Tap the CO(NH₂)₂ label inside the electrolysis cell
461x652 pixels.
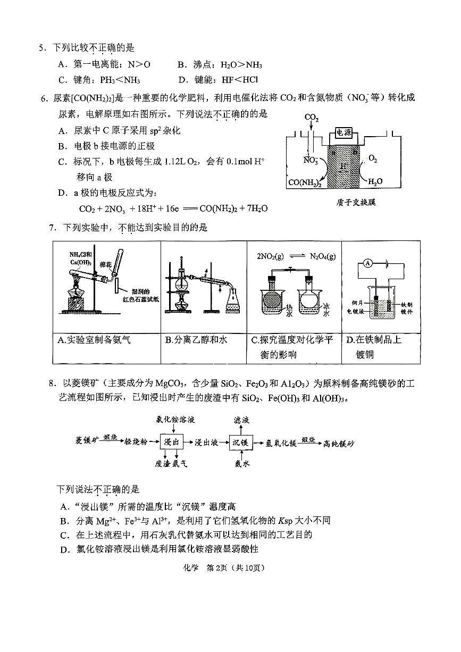point(305,182)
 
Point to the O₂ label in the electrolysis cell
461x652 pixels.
point(373,159)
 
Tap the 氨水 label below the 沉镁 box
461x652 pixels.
point(242,464)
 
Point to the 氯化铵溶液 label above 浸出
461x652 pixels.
point(175,420)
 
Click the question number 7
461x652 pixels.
point(52,228)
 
